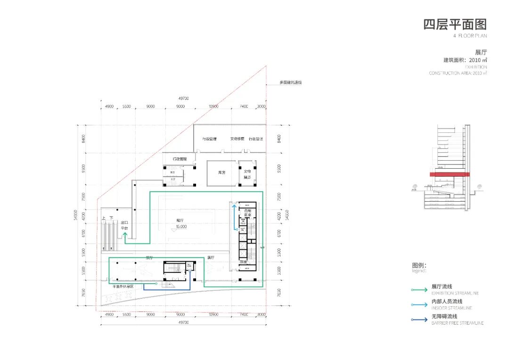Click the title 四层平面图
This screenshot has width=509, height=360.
[x=454, y=25]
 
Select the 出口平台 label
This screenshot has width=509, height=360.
[x=125, y=225]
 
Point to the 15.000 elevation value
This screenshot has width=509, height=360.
[x=181, y=227]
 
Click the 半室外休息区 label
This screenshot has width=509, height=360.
[x=123, y=286]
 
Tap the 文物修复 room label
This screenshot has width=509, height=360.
[x=237, y=139]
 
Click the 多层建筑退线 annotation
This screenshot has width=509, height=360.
[x=290, y=82]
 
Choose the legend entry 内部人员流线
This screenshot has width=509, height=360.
[x=446, y=302]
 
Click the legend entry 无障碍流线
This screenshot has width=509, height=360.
[x=444, y=317]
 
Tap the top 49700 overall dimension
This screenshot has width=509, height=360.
[x=183, y=98]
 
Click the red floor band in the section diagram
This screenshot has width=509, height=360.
[x=450, y=175]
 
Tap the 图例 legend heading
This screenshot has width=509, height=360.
[x=419, y=265]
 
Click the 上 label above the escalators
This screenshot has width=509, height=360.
[x=103, y=218]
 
